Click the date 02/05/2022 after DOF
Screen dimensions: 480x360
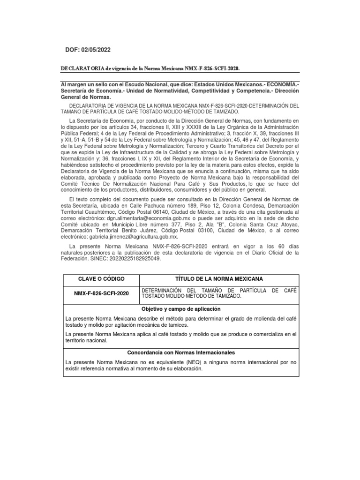(96, 50)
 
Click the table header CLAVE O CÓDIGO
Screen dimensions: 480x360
(101, 279)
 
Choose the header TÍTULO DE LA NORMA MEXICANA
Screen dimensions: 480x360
(219, 279)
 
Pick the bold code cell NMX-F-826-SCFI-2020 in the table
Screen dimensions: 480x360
(101, 293)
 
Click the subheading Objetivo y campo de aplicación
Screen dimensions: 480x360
(180, 309)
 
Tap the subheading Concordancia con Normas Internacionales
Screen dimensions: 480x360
(180, 352)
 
